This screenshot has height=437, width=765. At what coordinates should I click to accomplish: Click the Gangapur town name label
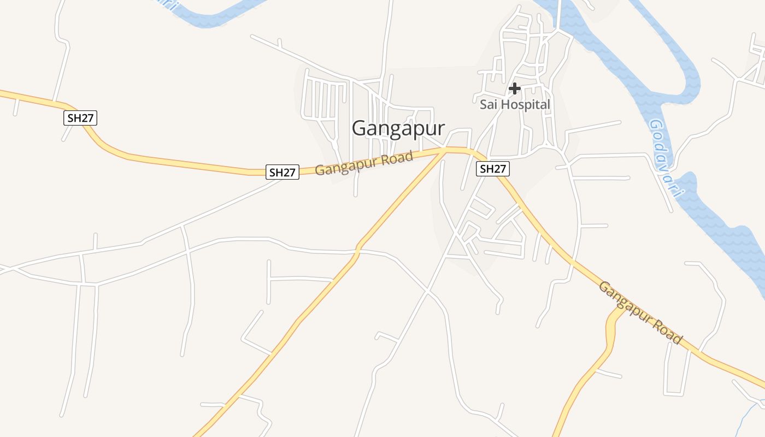pos(398,128)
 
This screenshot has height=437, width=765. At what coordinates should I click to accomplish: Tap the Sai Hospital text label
pos(515,104)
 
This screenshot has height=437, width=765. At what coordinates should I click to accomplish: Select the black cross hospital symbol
pos(514,88)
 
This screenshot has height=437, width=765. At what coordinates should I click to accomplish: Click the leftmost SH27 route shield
pos(81,117)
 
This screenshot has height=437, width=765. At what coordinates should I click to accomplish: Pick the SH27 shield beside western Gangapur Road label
pos(283,172)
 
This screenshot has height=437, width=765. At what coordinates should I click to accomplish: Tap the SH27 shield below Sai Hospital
pos(492,169)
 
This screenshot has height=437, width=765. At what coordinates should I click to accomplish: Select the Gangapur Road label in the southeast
pos(640,312)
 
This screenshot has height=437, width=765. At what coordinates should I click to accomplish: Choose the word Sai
pos(489,104)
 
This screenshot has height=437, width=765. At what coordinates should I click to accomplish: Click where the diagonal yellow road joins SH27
pos(445,150)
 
